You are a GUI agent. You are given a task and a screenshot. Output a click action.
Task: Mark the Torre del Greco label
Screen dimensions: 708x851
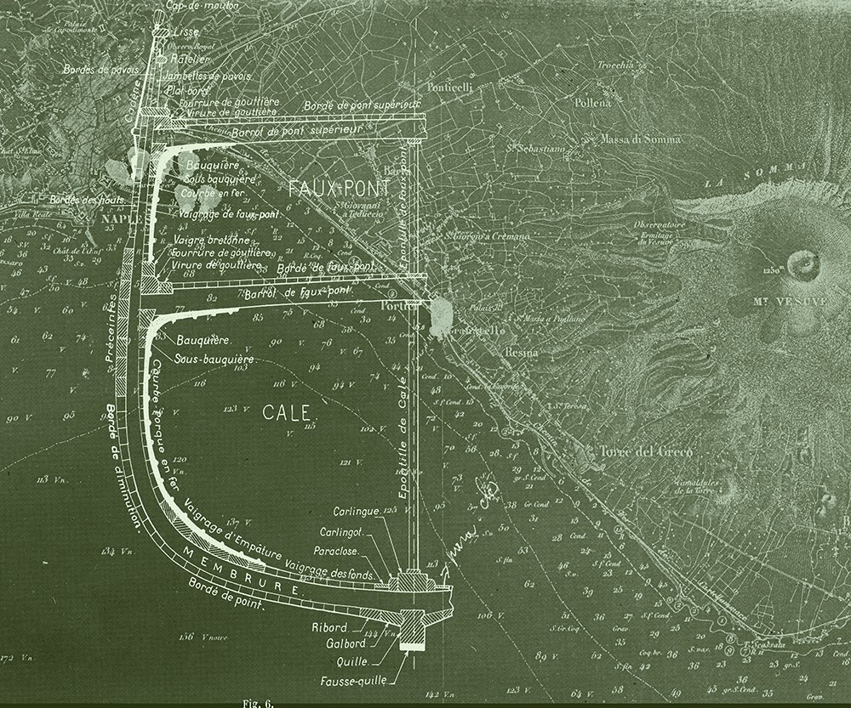pyautogui.click(x=647, y=451)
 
